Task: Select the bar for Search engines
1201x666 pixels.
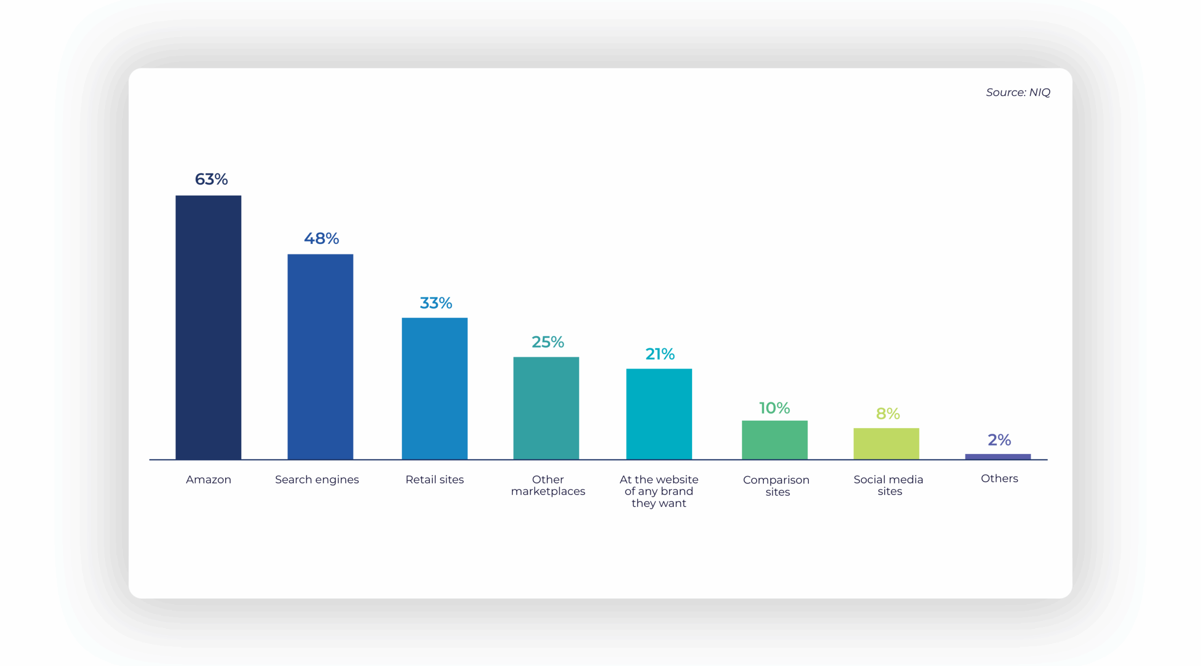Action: point(320,356)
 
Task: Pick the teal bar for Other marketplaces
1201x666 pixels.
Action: point(546,408)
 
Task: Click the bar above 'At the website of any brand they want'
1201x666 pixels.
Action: point(659,414)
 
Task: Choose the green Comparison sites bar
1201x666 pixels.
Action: point(775,439)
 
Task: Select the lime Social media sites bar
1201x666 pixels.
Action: point(886,443)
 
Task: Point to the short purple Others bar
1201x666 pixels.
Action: point(998,456)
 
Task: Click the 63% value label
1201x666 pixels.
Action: point(211,179)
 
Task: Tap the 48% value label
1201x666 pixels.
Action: point(321,238)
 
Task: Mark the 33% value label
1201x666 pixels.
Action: point(436,303)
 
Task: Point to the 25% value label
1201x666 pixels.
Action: point(547,342)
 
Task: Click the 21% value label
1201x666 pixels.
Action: point(660,354)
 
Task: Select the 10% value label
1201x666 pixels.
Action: point(775,408)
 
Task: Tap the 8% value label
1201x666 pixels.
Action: point(888,414)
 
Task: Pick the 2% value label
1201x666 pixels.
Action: point(999,440)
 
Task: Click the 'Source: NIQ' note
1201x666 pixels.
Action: point(1018,92)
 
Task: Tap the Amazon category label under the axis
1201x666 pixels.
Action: point(208,479)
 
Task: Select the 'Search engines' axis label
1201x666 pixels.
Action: point(317,479)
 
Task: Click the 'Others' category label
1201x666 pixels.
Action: point(999,478)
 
